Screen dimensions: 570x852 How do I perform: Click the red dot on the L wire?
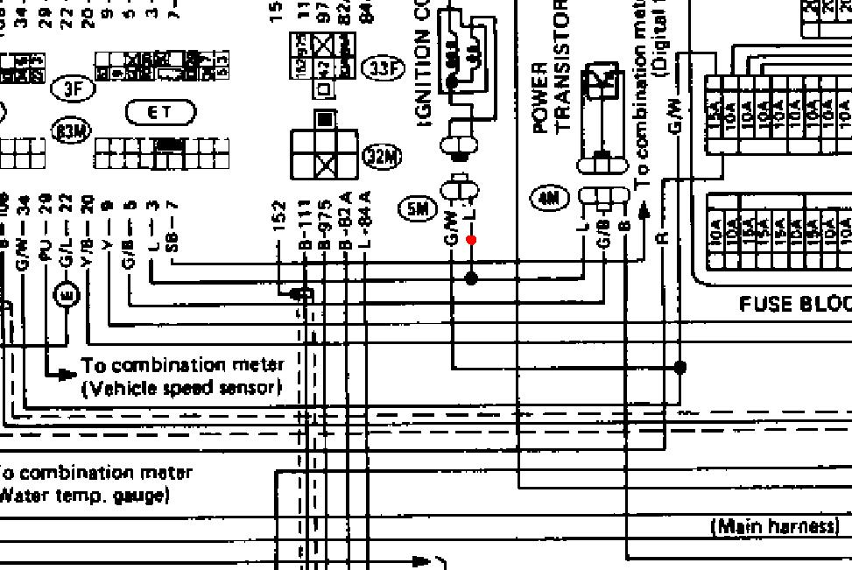pos(472,239)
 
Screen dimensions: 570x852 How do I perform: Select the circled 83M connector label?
pos(73,131)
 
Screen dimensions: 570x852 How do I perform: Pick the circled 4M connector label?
pos(550,198)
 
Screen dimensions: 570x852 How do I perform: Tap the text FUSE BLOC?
pos(794,304)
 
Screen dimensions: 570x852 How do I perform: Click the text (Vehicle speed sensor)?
pos(182,387)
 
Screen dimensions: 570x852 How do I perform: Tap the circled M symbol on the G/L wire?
pos(67,295)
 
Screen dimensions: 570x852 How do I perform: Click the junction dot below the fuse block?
pos(680,368)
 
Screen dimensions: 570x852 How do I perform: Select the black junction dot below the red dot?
pos(471,278)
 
